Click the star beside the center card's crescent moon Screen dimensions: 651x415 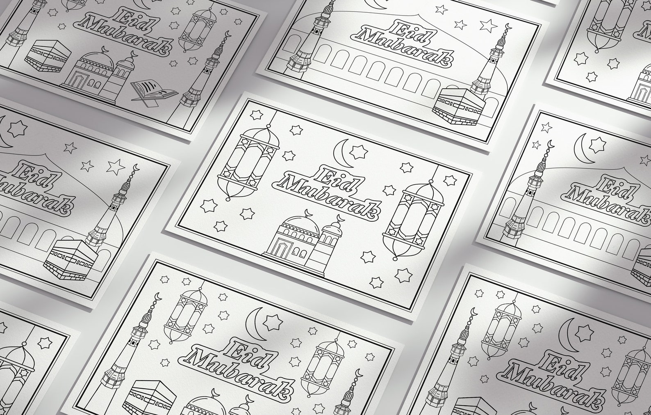358,152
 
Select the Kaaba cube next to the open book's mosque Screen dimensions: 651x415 48,56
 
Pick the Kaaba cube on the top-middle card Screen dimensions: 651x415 458,106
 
